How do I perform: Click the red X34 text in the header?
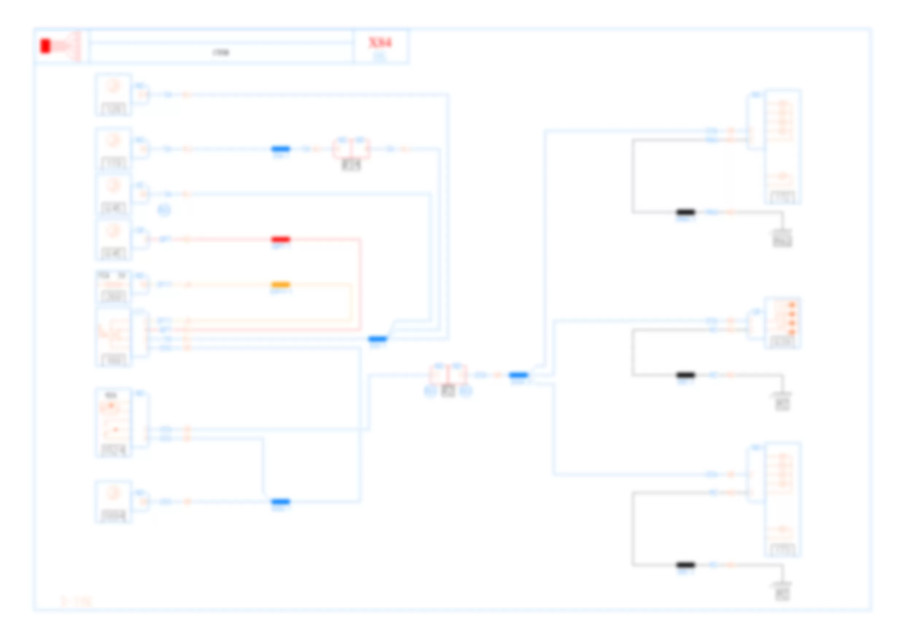(380, 43)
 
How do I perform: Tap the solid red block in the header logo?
(45, 46)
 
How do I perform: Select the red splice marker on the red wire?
(281, 239)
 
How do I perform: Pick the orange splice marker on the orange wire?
(281, 284)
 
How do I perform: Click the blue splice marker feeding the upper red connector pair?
(281, 149)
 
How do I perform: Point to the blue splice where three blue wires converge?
(377, 339)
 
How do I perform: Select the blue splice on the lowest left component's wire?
(281, 501)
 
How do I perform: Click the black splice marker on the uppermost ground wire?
(685, 212)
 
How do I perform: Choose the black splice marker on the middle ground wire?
(685, 375)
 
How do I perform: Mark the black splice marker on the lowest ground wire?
(685, 565)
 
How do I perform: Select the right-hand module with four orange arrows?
(783, 323)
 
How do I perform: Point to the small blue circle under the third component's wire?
(164, 210)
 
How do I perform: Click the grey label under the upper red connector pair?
(351, 165)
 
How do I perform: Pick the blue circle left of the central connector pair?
(430, 391)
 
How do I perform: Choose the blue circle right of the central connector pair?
(466, 391)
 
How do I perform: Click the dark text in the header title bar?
(221, 53)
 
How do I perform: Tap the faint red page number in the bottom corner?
(76, 601)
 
